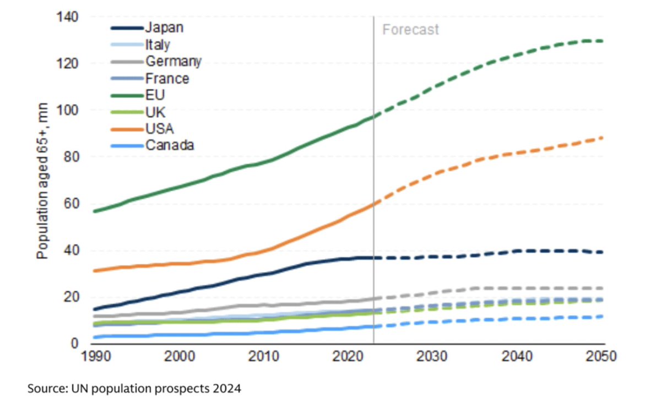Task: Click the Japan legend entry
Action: [164, 28]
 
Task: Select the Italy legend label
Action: [158, 45]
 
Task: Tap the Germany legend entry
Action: [173, 61]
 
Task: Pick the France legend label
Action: [167, 78]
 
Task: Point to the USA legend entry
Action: [159, 129]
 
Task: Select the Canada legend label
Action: [170, 145]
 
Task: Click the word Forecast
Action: [410, 29]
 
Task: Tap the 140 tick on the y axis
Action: [67, 17]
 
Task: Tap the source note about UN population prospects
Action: [134, 388]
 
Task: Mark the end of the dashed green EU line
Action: [602, 41]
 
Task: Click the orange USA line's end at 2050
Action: [602, 138]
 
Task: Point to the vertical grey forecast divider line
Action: [373, 165]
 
